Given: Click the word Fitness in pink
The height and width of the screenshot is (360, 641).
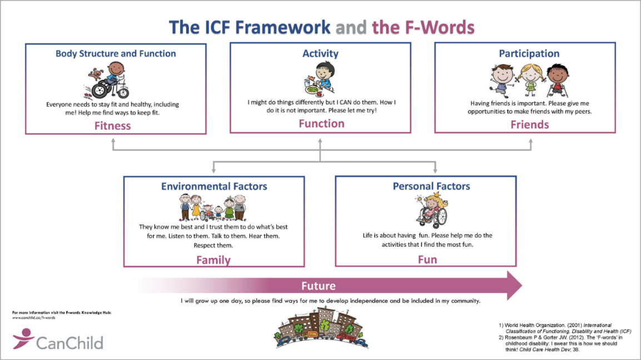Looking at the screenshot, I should point(112,126).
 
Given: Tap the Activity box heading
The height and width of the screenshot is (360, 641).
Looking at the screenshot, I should point(320,54).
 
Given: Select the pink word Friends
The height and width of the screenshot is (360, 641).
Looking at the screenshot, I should point(529,124).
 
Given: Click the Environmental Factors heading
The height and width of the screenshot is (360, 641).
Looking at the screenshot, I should point(214,187).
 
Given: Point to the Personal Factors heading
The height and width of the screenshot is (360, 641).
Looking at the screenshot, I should point(431,186).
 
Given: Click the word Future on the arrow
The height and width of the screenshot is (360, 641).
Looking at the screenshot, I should point(319,286).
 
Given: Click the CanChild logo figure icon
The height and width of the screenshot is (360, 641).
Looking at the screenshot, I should point(23,338).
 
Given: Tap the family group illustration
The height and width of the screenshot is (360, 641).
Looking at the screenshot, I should point(214,209).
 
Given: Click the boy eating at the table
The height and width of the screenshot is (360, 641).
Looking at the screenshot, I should point(321,77).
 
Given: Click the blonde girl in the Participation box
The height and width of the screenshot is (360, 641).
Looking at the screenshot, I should point(529,79).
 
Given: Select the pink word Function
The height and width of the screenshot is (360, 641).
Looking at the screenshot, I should point(321,123).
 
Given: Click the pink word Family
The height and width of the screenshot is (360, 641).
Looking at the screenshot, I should point(213,259).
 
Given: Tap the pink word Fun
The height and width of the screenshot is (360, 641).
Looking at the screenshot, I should point(427,259).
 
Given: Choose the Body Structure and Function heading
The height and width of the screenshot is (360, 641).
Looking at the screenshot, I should point(116,54).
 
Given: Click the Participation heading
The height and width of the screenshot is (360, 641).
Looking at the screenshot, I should point(529,54).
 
